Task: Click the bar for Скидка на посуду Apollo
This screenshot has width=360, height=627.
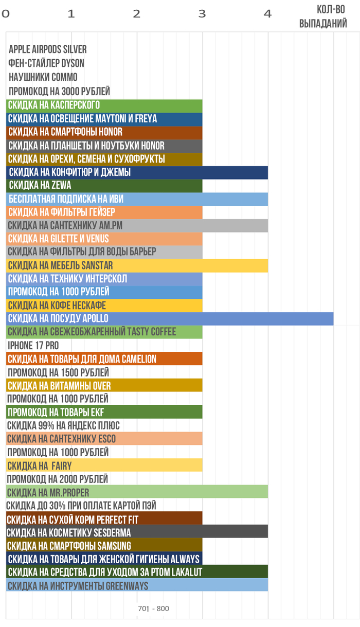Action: (x=170, y=319)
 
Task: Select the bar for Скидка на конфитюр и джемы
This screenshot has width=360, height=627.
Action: (x=137, y=172)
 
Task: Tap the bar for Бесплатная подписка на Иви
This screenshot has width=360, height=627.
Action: (x=137, y=199)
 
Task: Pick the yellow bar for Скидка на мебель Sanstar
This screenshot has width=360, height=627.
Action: (x=137, y=265)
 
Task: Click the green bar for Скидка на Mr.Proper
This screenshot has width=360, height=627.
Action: (x=137, y=492)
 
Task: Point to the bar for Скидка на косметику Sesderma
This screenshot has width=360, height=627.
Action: (x=137, y=532)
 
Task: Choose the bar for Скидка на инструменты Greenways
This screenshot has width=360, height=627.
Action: (x=137, y=586)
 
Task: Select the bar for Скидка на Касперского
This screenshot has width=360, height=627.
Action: (x=104, y=105)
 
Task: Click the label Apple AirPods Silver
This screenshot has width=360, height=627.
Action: (x=48, y=49)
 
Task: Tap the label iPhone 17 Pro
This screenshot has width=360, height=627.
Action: (x=33, y=345)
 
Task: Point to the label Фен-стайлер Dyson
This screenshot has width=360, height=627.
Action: (x=46, y=63)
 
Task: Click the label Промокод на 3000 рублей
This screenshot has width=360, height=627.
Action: (x=59, y=92)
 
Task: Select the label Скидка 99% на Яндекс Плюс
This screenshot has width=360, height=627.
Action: (x=63, y=425)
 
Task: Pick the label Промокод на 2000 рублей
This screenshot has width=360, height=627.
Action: (x=58, y=479)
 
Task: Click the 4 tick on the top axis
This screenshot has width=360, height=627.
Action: (x=267, y=14)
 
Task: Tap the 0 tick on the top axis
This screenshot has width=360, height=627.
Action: (x=6, y=14)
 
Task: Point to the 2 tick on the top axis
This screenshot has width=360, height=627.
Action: (x=136, y=14)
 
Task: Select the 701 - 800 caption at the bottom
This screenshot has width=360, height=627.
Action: (x=153, y=609)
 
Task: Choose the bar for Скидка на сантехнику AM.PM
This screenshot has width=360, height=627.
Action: (x=137, y=226)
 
